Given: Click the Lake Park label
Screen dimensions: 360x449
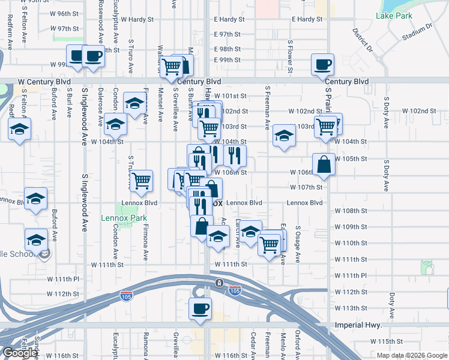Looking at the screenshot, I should [395, 15].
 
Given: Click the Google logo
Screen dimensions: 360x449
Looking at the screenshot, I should [20, 353].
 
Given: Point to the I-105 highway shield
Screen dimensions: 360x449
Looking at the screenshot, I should [235, 290].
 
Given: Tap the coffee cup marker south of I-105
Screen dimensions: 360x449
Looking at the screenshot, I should [200, 308].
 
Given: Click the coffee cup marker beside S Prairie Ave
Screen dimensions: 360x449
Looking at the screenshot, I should [322, 64].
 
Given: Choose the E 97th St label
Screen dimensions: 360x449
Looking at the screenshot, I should [227, 34].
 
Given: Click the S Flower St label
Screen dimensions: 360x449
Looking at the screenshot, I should [289, 55].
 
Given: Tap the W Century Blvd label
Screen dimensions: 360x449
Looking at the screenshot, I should [44, 81].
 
